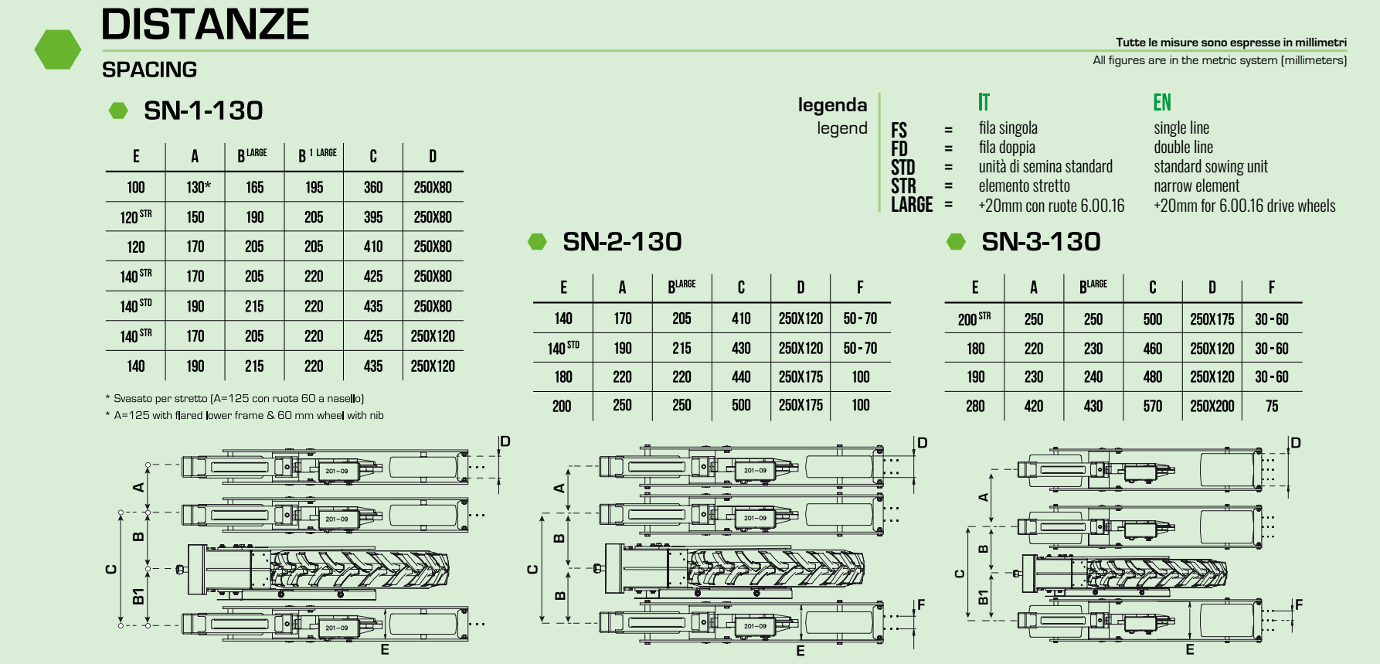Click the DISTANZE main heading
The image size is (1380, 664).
(205, 25)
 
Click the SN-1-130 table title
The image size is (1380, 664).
(203, 111)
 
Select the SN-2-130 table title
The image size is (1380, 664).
(622, 242)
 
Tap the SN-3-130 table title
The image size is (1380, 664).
(1041, 242)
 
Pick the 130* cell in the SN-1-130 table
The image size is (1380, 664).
(198, 187)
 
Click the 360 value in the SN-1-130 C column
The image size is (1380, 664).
(373, 187)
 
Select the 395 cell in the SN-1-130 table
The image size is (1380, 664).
(373, 217)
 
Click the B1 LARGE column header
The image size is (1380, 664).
(317, 155)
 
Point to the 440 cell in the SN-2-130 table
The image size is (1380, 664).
(741, 377)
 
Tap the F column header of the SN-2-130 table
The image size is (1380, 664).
(860, 288)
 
